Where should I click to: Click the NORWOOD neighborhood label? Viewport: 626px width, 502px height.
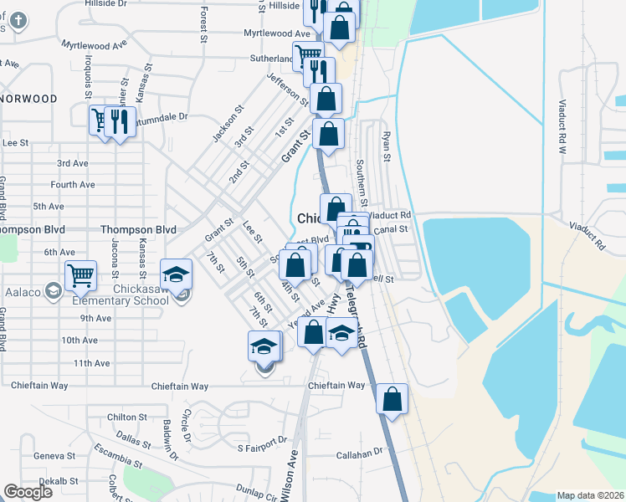[30, 99]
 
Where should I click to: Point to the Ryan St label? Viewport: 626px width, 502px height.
[386, 146]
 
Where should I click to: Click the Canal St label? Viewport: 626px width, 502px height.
[391, 228]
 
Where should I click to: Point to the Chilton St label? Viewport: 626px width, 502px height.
[127, 417]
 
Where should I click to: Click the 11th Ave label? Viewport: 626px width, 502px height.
[91, 363]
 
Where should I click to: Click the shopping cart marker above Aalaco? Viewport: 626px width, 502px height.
[80, 274]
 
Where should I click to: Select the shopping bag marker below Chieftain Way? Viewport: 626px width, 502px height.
[392, 398]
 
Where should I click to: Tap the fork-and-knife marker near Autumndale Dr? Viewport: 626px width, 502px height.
[121, 121]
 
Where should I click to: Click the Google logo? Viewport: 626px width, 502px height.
[28, 493]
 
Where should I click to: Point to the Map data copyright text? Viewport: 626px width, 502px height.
[591, 495]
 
